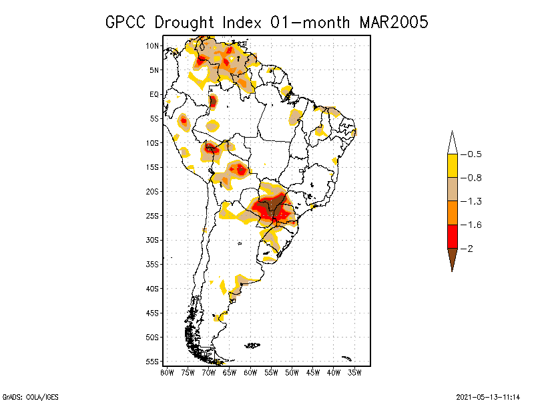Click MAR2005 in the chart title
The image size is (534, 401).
pos(393,22)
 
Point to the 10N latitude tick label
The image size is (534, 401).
pos(152,45)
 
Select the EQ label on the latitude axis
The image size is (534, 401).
pos(154,94)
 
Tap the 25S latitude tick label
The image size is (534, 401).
pos(152,216)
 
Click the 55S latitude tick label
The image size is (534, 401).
pos(152,362)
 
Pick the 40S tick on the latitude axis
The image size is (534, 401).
pos(152,289)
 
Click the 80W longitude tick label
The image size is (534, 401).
pos(167,372)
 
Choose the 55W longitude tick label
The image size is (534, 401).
pos(271,372)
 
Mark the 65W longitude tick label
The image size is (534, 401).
pos(230,372)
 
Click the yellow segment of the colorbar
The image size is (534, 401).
pos(452,166)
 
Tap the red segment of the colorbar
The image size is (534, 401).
pos(452,236)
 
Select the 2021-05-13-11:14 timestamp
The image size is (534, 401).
pos(489,396)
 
